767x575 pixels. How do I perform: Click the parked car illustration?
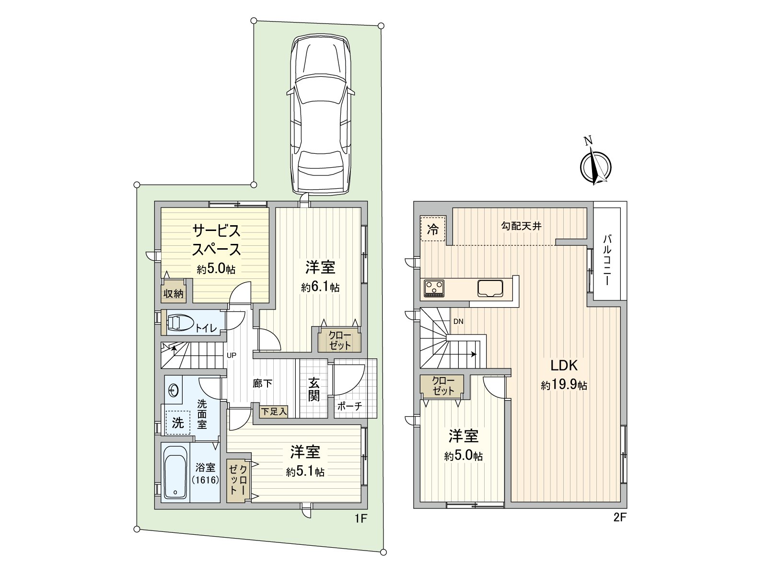[320, 115]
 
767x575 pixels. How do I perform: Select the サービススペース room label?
[216, 241]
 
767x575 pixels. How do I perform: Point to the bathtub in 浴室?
[175, 472]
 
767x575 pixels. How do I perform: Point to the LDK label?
[564, 366]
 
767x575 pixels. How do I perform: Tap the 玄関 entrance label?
[314, 390]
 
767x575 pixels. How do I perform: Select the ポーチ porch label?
[349, 406]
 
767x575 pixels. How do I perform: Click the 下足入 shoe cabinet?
[274, 411]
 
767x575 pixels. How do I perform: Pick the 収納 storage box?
[173, 293]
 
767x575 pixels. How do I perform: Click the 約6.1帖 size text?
[320, 287]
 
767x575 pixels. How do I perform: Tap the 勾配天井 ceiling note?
[522, 226]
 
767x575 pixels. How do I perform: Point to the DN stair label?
[458, 322]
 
